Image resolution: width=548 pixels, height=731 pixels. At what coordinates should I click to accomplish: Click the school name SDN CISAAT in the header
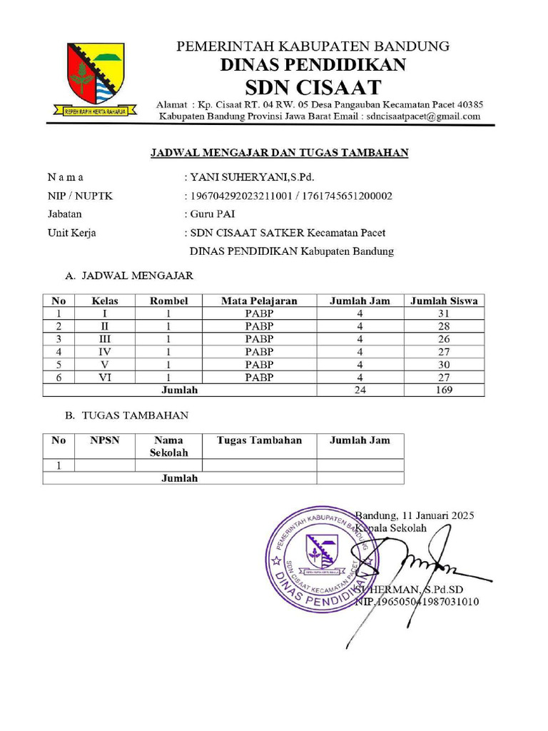[313, 89]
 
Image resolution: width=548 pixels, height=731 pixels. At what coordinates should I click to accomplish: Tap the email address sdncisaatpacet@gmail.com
[424, 116]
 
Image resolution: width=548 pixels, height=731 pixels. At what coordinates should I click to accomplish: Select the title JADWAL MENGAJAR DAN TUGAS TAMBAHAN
[278, 153]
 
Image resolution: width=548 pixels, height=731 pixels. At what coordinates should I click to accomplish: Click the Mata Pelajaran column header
[259, 301]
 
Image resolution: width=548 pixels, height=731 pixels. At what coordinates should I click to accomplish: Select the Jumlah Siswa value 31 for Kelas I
[443, 313]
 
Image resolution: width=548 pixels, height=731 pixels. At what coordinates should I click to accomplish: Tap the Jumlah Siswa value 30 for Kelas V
[443, 365]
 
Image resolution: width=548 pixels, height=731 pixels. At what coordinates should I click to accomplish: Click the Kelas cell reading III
[105, 339]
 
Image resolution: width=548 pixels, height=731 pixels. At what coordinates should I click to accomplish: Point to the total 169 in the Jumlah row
[443, 390]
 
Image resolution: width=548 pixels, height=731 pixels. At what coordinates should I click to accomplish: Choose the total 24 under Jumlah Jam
[360, 390]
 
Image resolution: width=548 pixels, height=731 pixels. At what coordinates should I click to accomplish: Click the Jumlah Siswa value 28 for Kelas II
[443, 326]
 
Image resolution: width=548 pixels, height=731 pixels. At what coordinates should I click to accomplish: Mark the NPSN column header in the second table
[105, 440]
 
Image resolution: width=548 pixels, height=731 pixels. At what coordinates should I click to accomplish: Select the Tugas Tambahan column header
[259, 440]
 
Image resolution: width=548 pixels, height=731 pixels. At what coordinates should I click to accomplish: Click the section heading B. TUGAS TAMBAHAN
[127, 415]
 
